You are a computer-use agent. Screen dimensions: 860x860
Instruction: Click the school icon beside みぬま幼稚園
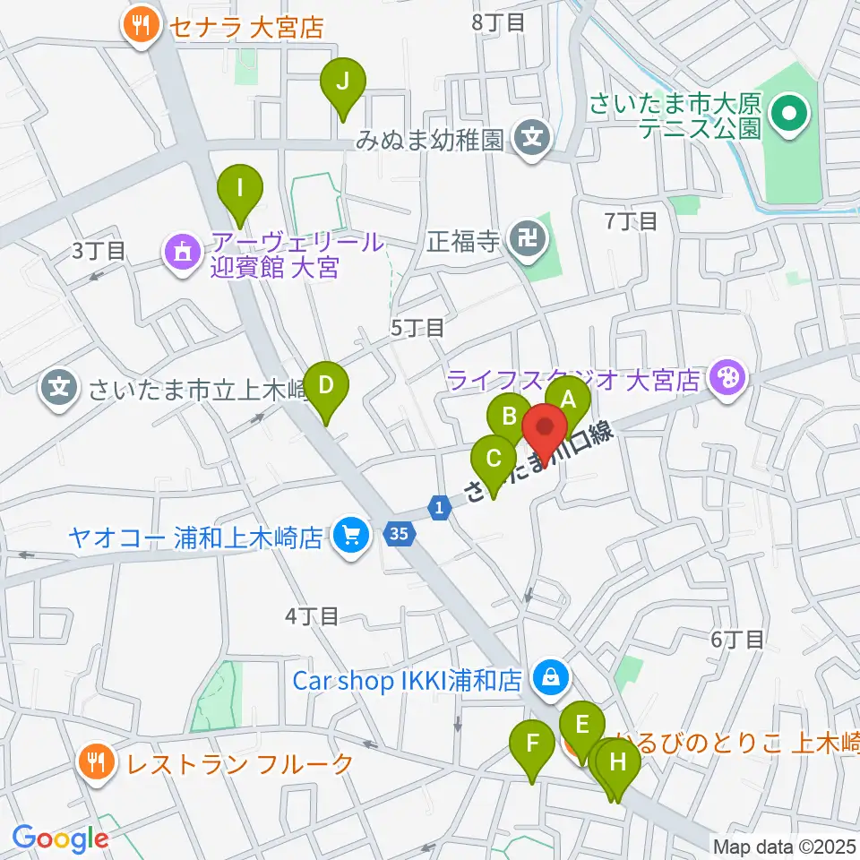point(533,139)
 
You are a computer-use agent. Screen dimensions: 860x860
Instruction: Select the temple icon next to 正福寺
point(522,238)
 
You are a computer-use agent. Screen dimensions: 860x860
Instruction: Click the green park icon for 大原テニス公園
point(790,114)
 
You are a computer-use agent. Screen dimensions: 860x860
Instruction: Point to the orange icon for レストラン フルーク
point(95,763)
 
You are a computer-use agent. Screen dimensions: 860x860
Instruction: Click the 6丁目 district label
point(737,639)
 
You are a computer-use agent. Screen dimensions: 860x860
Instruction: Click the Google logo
point(60,838)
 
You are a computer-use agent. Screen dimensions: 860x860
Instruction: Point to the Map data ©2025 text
point(783,846)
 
